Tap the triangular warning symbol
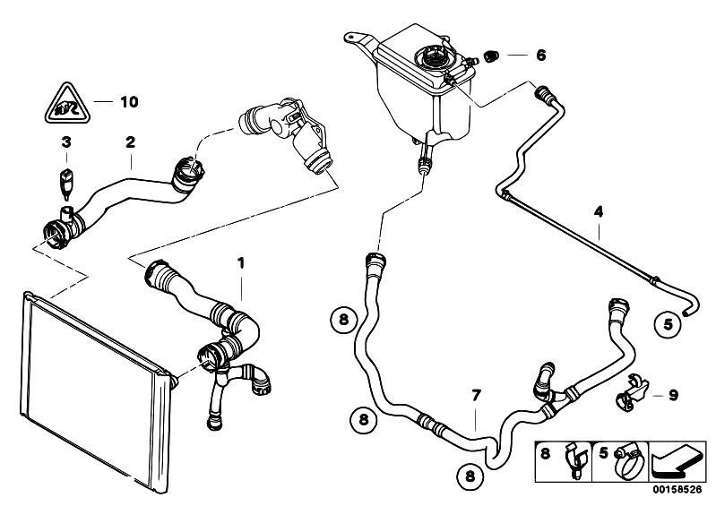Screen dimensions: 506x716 point(60,106)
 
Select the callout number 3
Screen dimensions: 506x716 point(65,142)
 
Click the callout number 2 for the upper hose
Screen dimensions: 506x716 point(131,142)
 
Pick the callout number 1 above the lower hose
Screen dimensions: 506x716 point(239,262)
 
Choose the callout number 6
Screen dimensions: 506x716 point(540,55)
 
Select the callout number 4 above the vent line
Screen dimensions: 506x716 point(598,212)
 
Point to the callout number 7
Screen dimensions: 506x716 point(478,394)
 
